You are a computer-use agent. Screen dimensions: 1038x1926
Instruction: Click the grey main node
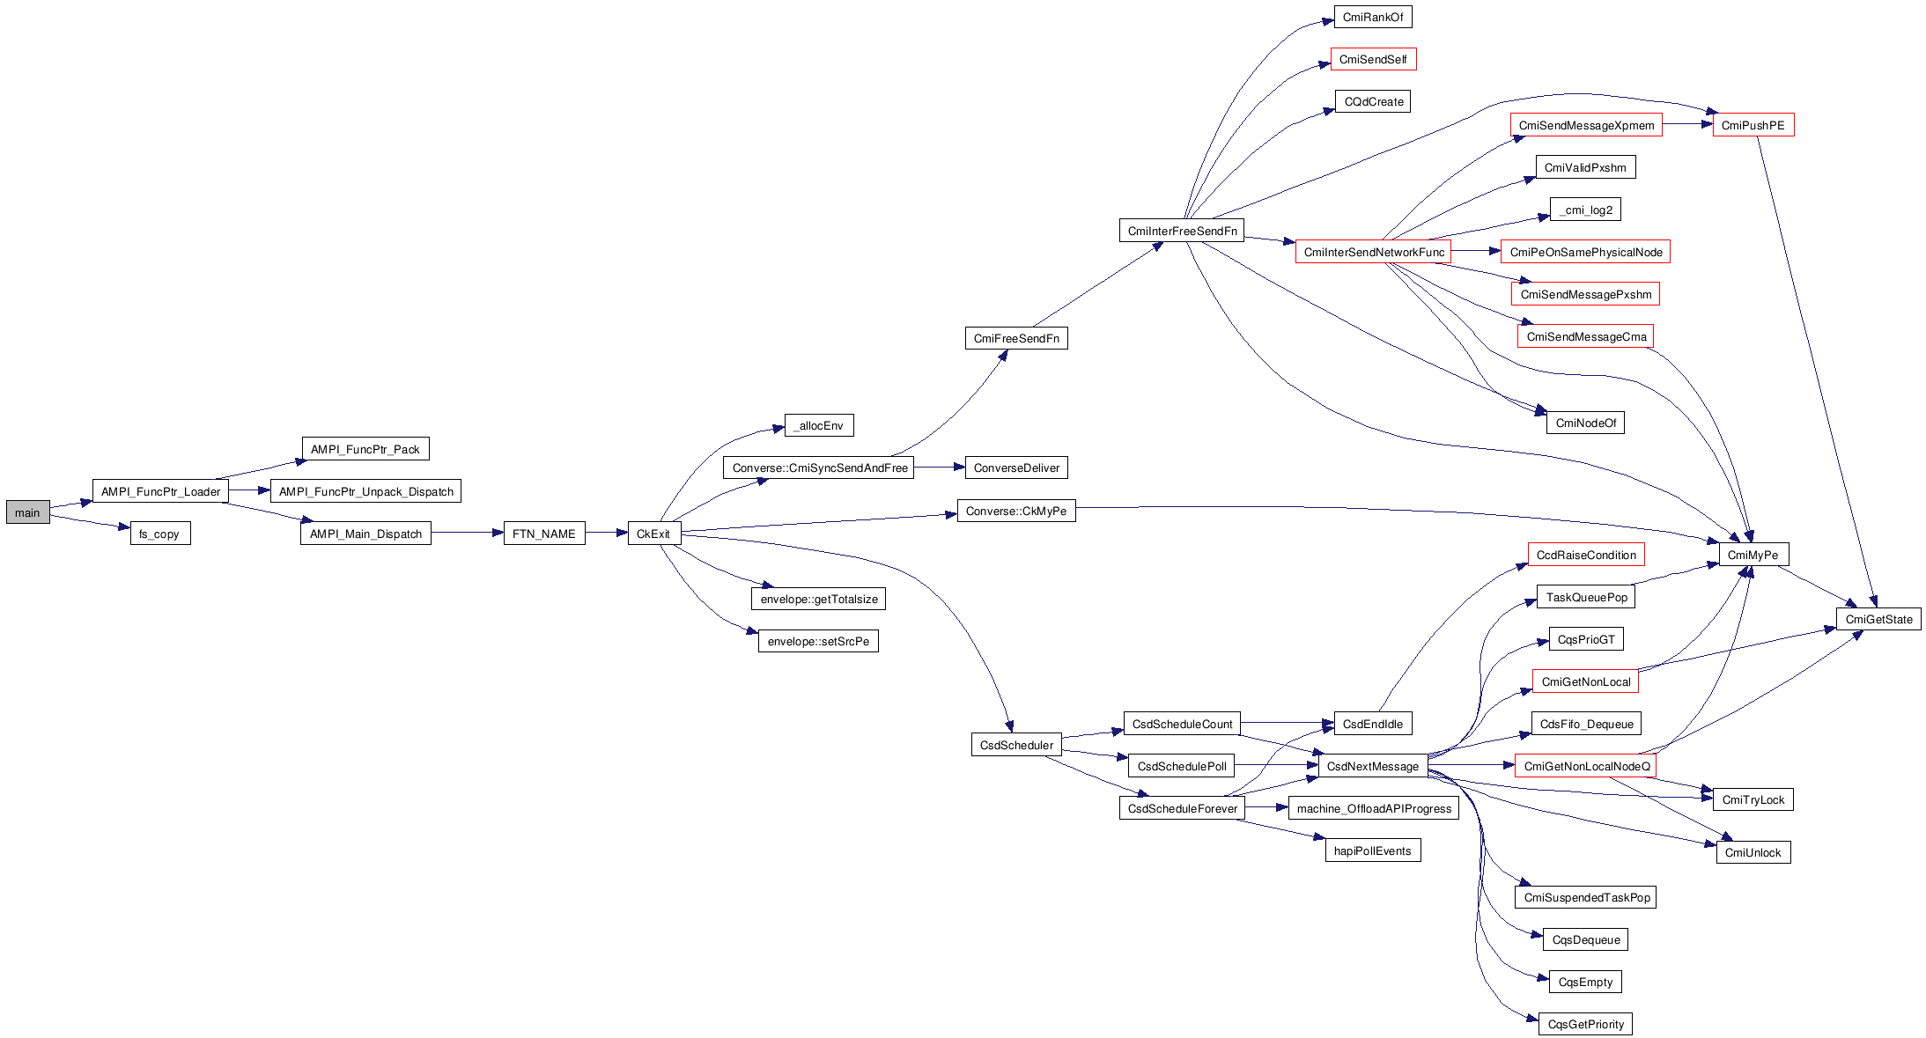[27, 512]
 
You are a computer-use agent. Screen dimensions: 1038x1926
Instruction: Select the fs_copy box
[159, 534]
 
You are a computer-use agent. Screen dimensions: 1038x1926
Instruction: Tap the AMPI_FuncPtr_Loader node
[160, 491]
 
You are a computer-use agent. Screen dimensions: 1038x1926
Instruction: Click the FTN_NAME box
[543, 534]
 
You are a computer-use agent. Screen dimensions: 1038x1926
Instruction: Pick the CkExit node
[653, 534]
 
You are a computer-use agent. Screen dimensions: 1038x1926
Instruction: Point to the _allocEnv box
[819, 425]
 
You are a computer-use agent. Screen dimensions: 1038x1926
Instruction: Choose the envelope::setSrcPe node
[818, 641]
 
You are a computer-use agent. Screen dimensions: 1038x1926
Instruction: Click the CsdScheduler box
[1016, 745]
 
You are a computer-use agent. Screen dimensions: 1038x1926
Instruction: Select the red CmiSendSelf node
[1373, 59]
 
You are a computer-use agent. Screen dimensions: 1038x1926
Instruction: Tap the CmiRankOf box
[1373, 17]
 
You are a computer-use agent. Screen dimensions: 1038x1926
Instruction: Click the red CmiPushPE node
[1753, 125]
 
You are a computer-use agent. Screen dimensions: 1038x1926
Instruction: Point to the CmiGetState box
[1878, 619]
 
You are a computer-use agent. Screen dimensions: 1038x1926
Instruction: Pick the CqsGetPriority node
[1585, 1024]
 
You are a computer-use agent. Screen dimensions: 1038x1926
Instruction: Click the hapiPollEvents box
[1372, 850]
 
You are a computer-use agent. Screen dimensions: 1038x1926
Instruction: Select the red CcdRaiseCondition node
[1586, 555]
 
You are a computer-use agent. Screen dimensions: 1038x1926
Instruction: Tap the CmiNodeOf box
[1585, 423]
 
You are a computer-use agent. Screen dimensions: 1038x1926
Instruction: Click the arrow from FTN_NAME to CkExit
[606, 533]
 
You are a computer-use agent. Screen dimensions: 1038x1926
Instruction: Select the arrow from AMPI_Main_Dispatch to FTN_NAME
[467, 533]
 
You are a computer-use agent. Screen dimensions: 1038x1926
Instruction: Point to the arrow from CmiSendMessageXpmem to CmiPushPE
[1687, 124]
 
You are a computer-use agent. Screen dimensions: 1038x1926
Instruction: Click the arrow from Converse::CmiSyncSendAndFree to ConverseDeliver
[939, 467]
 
